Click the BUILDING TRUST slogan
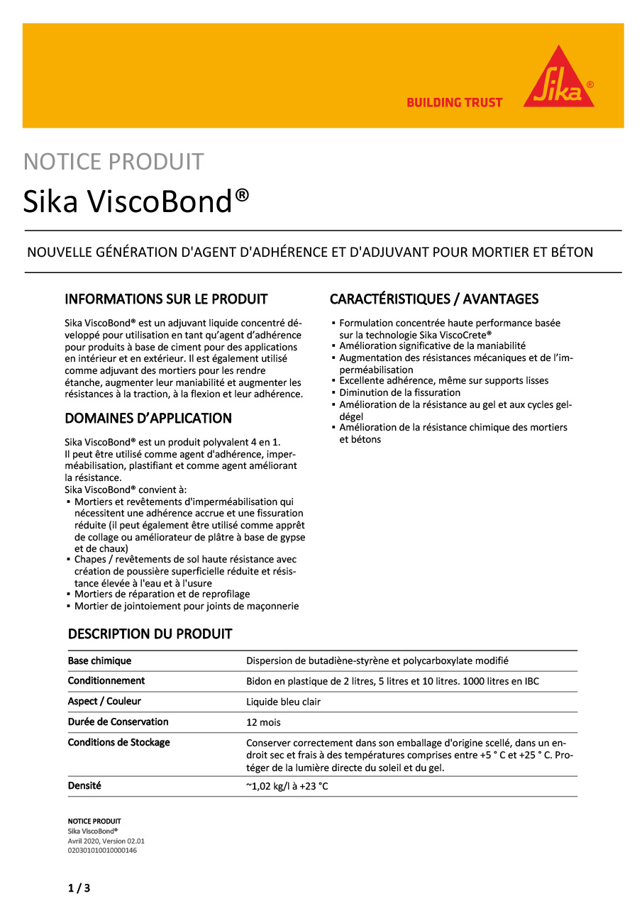(x=454, y=103)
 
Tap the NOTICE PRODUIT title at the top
(x=114, y=162)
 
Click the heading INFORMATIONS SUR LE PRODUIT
(x=166, y=299)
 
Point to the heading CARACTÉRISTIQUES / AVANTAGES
(x=434, y=299)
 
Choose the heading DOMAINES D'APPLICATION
(x=148, y=419)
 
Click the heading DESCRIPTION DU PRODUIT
(x=150, y=634)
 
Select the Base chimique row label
(x=99, y=661)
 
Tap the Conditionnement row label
(x=106, y=681)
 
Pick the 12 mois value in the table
(x=263, y=723)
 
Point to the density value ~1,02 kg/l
(x=287, y=787)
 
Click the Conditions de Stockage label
(x=118, y=743)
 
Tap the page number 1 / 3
(x=79, y=888)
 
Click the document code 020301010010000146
(x=102, y=850)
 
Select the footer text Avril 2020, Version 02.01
(x=106, y=841)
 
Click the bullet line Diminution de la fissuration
(x=399, y=393)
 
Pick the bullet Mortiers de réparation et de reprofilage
(x=162, y=594)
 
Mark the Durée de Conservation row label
(x=118, y=722)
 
